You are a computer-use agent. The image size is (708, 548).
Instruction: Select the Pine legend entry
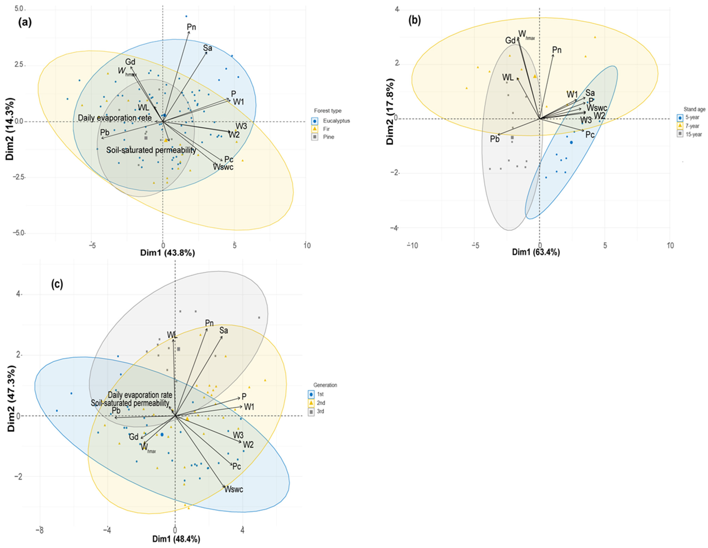[x=328, y=137]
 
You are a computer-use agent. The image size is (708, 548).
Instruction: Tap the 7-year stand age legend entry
[x=692, y=126]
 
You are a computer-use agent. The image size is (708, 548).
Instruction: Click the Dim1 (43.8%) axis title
[x=168, y=253]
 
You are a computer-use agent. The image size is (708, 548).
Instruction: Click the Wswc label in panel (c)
[x=233, y=489]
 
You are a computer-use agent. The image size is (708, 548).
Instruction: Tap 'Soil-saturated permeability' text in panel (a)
[x=151, y=150]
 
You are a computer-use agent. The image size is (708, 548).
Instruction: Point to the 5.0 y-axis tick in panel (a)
[x=19, y=9]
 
